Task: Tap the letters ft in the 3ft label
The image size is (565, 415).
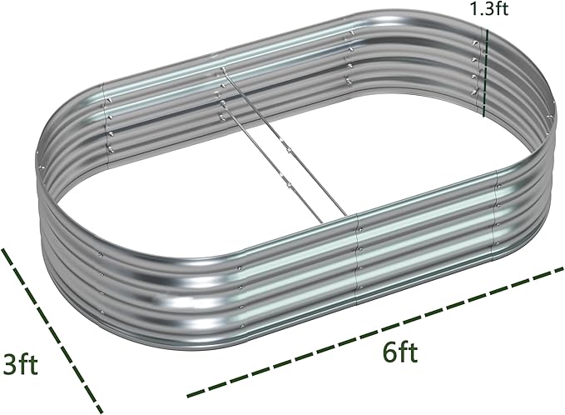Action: pyautogui.click(x=30, y=365)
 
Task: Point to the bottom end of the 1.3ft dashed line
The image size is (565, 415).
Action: pyautogui.click(x=484, y=114)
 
